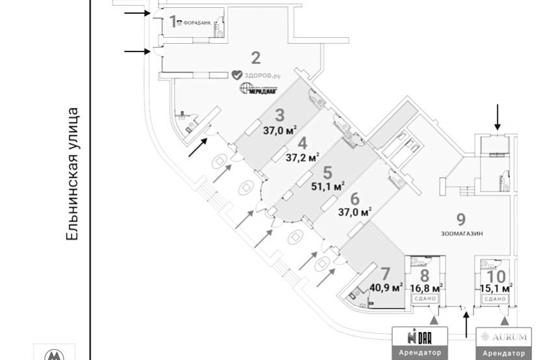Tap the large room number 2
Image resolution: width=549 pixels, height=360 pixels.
click(x=256, y=57)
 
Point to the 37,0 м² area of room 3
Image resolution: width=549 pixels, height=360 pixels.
click(x=280, y=130)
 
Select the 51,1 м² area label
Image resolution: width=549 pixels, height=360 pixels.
click(x=328, y=186)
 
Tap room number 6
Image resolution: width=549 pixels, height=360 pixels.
click(x=355, y=199)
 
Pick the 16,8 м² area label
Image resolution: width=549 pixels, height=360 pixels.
click(x=427, y=286)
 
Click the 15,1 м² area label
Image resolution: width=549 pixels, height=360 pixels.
click(x=496, y=286)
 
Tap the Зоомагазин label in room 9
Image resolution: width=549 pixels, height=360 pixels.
click(x=461, y=232)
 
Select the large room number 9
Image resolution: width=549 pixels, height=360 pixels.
click(x=461, y=219)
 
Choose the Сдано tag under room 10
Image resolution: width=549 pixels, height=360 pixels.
click(x=495, y=298)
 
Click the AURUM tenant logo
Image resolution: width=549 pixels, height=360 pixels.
click(x=503, y=337)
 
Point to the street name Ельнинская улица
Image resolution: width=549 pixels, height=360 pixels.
click(x=74, y=175)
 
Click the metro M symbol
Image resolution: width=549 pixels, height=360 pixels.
click(x=55, y=355)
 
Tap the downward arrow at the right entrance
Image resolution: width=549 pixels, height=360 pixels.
click(x=498, y=118)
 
